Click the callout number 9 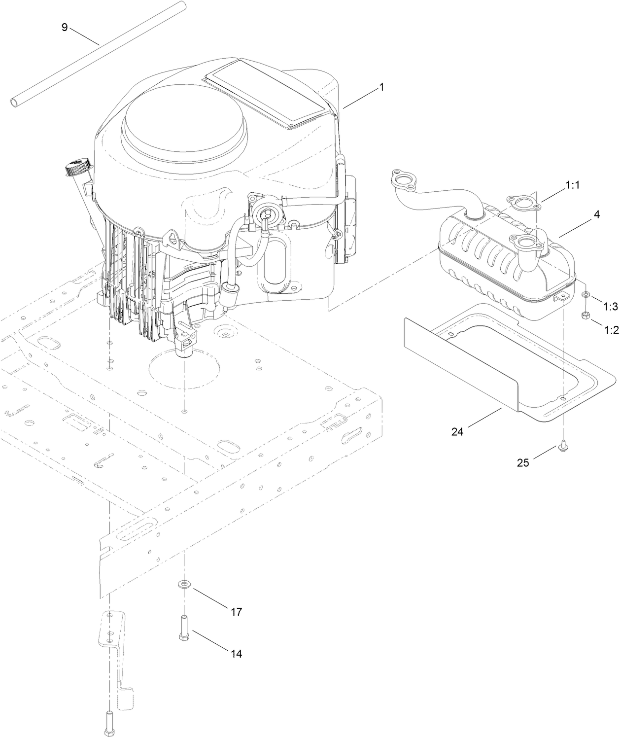64,27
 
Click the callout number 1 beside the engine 381,87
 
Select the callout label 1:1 572,185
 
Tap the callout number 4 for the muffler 596,215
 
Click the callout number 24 457,431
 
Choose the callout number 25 523,462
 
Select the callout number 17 237,612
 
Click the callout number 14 237,654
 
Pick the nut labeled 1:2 584,316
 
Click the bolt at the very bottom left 109,722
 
